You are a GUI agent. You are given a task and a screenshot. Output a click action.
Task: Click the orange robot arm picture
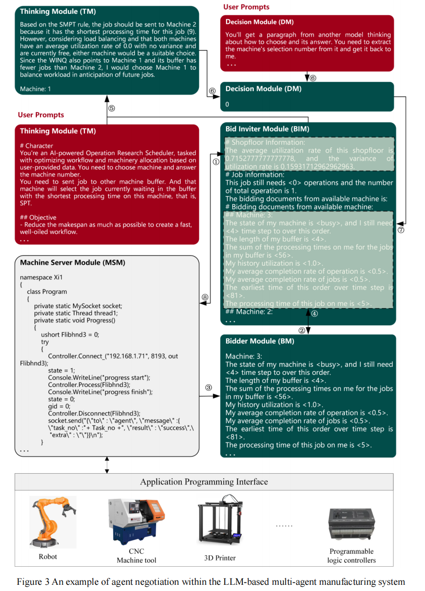tap(51, 521)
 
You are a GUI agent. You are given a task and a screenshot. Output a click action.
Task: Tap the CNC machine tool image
tap(135, 521)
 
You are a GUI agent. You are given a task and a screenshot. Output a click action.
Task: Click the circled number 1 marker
tap(216, 162)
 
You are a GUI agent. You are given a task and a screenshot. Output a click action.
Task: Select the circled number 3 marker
tap(208, 387)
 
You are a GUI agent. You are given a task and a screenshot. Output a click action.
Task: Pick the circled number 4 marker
tap(314, 313)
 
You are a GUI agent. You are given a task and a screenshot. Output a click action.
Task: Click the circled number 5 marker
tap(111, 108)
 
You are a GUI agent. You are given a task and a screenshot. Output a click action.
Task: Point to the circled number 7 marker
tap(400, 229)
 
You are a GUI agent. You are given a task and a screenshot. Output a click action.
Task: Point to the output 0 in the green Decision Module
tap(228, 104)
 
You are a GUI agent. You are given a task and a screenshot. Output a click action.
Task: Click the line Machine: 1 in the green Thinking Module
tap(35, 89)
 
